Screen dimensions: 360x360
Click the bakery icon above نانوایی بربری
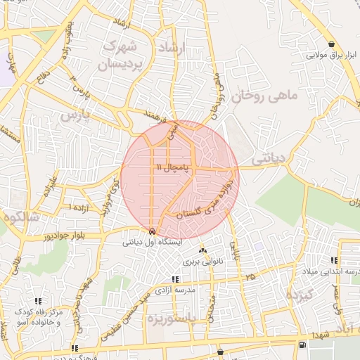click(x=203, y=250)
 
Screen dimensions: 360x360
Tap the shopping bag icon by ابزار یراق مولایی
click(x=331, y=44)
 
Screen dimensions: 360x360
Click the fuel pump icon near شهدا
click(x=302, y=345)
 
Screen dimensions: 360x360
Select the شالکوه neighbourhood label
click(x=17, y=217)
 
